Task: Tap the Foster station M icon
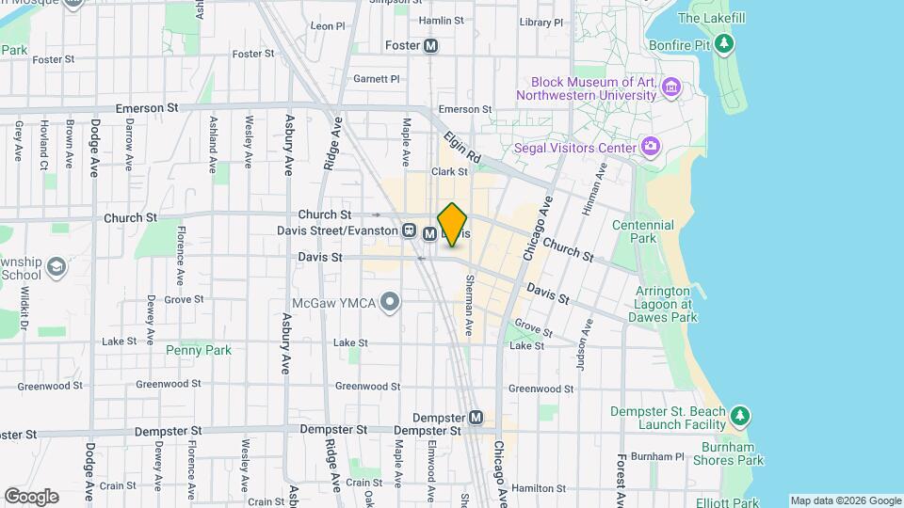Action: (x=431, y=45)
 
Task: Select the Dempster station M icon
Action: (x=476, y=417)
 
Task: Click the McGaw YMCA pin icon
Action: (x=391, y=301)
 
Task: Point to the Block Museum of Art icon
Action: (x=670, y=88)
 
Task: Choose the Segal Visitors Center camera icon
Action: (x=650, y=147)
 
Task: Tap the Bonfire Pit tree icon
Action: (x=723, y=42)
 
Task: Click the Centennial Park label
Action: (x=642, y=231)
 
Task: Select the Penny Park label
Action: (x=199, y=350)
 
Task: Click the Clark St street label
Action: (x=449, y=172)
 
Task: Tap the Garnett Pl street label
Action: (x=377, y=80)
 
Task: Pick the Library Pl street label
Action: (x=541, y=22)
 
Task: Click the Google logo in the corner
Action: (x=30, y=496)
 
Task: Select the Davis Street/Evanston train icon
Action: (x=410, y=231)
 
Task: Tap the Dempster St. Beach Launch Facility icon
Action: (x=740, y=415)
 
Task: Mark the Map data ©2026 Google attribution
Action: (x=845, y=500)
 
